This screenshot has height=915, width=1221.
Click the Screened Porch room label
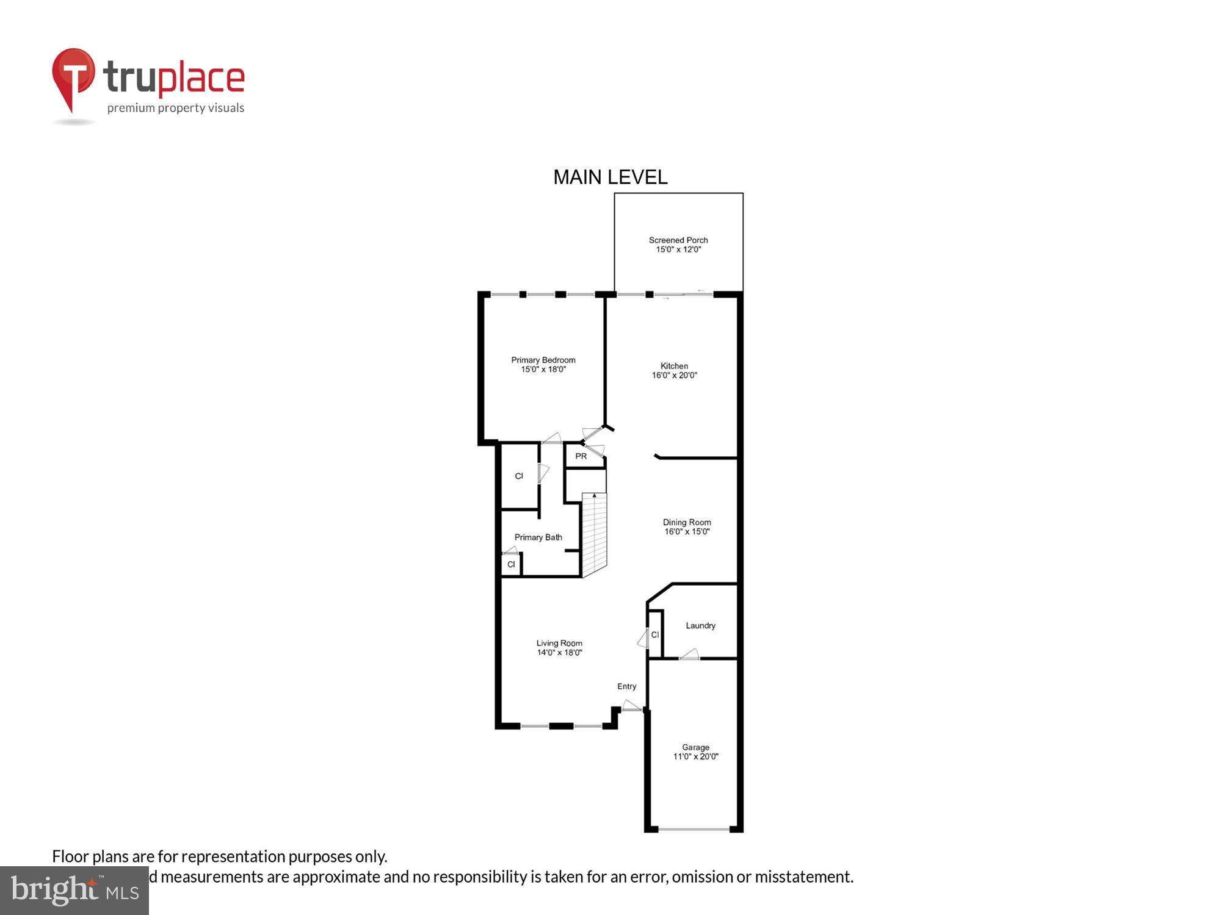(x=678, y=240)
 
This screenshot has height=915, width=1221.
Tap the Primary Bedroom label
(x=543, y=360)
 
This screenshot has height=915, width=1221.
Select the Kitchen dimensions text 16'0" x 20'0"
(x=674, y=375)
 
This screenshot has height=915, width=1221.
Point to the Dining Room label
(x=687, y=522)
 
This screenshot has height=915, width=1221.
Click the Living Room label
(x=559, y=643)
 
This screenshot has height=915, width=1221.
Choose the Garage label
(x=695, y=747)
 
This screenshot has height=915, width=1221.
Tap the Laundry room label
(x=700, y=625)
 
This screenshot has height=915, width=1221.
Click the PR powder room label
(x=581, y=456)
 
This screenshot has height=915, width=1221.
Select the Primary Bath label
(x=538, y=537)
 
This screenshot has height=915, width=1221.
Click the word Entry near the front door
(x=626, y=686)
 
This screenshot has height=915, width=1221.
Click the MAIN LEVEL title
(x=610, y=178)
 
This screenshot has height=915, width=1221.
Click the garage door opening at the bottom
(x=694, y=829)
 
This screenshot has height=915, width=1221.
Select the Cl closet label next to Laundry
(x=654, y=634)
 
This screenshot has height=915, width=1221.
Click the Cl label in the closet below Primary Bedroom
(x=519, y=476)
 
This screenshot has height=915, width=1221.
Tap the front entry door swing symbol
(x=631, y=706)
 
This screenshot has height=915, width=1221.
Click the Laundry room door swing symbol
(x=690, y=655)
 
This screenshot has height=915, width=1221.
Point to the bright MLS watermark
(x=74, y=891)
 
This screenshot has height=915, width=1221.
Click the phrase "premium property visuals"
(x=176, y=108)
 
